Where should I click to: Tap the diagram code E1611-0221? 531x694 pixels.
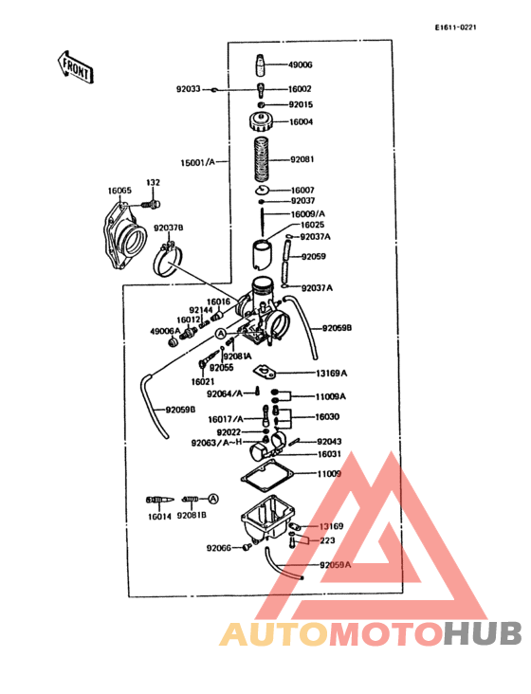tap(455, 27)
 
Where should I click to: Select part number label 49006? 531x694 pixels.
tap(301, 65)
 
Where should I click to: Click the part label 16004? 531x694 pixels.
tap(301, 122)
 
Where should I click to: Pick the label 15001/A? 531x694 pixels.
tap(197, 162)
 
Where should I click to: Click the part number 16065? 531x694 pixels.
tap(119, 191)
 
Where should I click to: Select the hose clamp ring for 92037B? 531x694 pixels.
tap(169, 258)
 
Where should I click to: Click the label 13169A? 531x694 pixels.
tap(331, 374)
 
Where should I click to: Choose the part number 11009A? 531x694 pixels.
tap(331, 396)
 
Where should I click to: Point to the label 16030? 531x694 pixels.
tap(327, 417)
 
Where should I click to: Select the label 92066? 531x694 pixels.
tap(219, 548)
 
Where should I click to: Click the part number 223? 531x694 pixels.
tap(327, 541)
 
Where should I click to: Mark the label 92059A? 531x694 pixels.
tap(335, 565)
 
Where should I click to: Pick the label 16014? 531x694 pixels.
tap(159, 518)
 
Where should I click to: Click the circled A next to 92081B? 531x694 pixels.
tap(213, 498)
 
